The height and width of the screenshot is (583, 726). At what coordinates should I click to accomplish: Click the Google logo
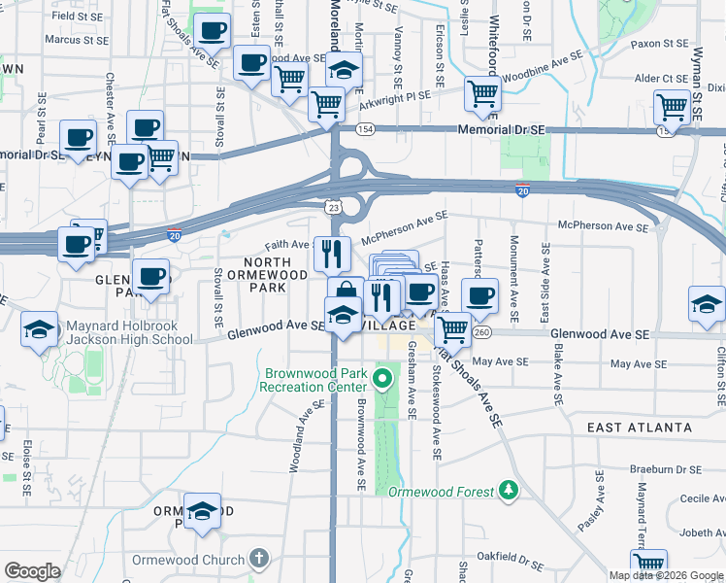pyautogui.click(x=32, y=571)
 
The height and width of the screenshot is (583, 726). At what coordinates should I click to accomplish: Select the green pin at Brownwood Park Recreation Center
pyautogui.click(x=383, y=379)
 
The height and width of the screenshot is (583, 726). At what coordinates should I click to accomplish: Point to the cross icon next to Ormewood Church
pyautogui.click(x=257, y=560)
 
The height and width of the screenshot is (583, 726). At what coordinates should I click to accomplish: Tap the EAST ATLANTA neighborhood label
pyautogui.click(x=640, y=428)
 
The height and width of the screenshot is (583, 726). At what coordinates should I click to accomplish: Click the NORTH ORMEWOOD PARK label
pyautogui.click(x=253, y=275)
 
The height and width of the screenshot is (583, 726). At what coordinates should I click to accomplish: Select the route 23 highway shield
pyautogui.click(x=333, y=207)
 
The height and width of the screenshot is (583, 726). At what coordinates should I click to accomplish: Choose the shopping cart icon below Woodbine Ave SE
pyautogui.click(x=482, y=93)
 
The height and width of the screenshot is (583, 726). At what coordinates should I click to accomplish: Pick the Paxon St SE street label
pyautogui.click(x=660, y=45)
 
